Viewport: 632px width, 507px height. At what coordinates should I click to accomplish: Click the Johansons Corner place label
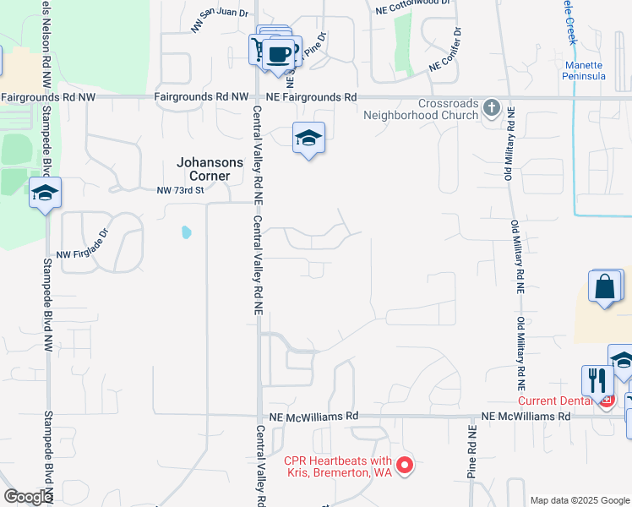[x=209, y=169]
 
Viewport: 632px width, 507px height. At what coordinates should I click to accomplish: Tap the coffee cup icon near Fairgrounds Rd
[x=279, y=55]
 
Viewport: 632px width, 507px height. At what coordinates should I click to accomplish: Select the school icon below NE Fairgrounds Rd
[x=308, y=138]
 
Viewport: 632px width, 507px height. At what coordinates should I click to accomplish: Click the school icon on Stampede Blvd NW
[x=45, y=194]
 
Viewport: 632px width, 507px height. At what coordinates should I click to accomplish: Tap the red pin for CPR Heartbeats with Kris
[x=405, y=466]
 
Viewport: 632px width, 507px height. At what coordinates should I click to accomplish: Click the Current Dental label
[x=558, y=401]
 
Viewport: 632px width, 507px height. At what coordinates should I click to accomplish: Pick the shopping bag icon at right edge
[x=606, y=286]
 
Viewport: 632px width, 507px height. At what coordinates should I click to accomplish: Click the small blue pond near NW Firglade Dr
[x=184, y=232]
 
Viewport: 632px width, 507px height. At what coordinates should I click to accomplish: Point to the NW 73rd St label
[x=181, y=191]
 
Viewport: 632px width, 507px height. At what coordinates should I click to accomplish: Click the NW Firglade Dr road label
[x=84, y=243]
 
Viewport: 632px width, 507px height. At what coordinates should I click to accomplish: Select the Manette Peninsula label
[x=583, y=70]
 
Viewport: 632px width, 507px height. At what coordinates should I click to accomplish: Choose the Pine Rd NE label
[x=472, y=452]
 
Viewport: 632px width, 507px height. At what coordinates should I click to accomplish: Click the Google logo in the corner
[x=28, y=497]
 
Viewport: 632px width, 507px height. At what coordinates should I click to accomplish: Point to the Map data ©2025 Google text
[x=579, y=500]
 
